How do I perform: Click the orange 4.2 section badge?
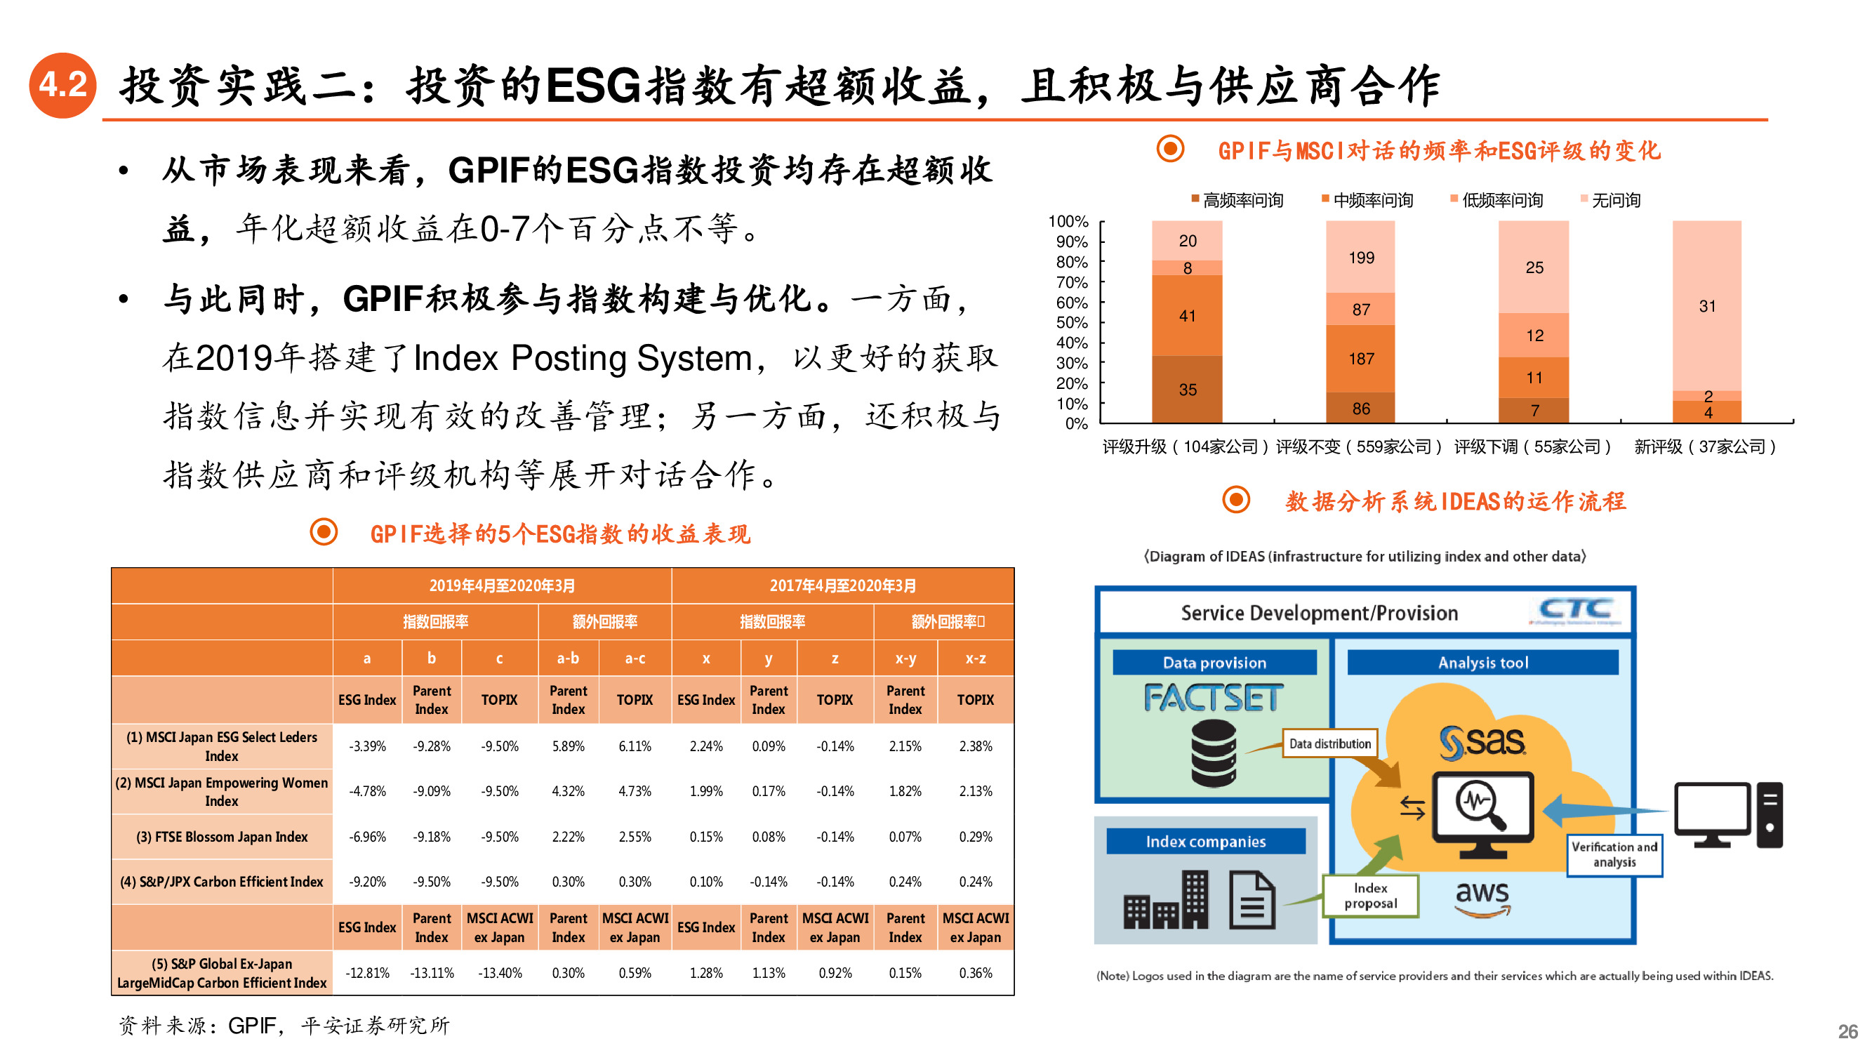click(x=63, y=85)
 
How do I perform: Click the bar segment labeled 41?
click(x=1187, y=315)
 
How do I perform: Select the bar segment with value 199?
click(x=1360, y=257)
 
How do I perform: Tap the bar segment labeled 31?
click(x=1706, y=306)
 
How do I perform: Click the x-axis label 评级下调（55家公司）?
click(x=1534, y=446)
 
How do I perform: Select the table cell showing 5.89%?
click(x=568, y=746)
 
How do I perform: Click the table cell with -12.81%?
click(x=367, y=972)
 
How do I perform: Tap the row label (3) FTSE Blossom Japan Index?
click(x=222, y=837)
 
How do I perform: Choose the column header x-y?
click(x=905, y=658)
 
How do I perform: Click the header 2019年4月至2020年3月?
click(x=501, y=585)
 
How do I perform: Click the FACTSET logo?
click(x=1213, y=698)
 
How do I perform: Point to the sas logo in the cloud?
click(x=1482, y=741)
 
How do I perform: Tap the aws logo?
click(x=1482, y=895)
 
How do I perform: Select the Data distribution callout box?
click(x=1329, y=743)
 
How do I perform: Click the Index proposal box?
click(x=1370, y=895)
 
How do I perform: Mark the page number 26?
click(x=1847, y=1031)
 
